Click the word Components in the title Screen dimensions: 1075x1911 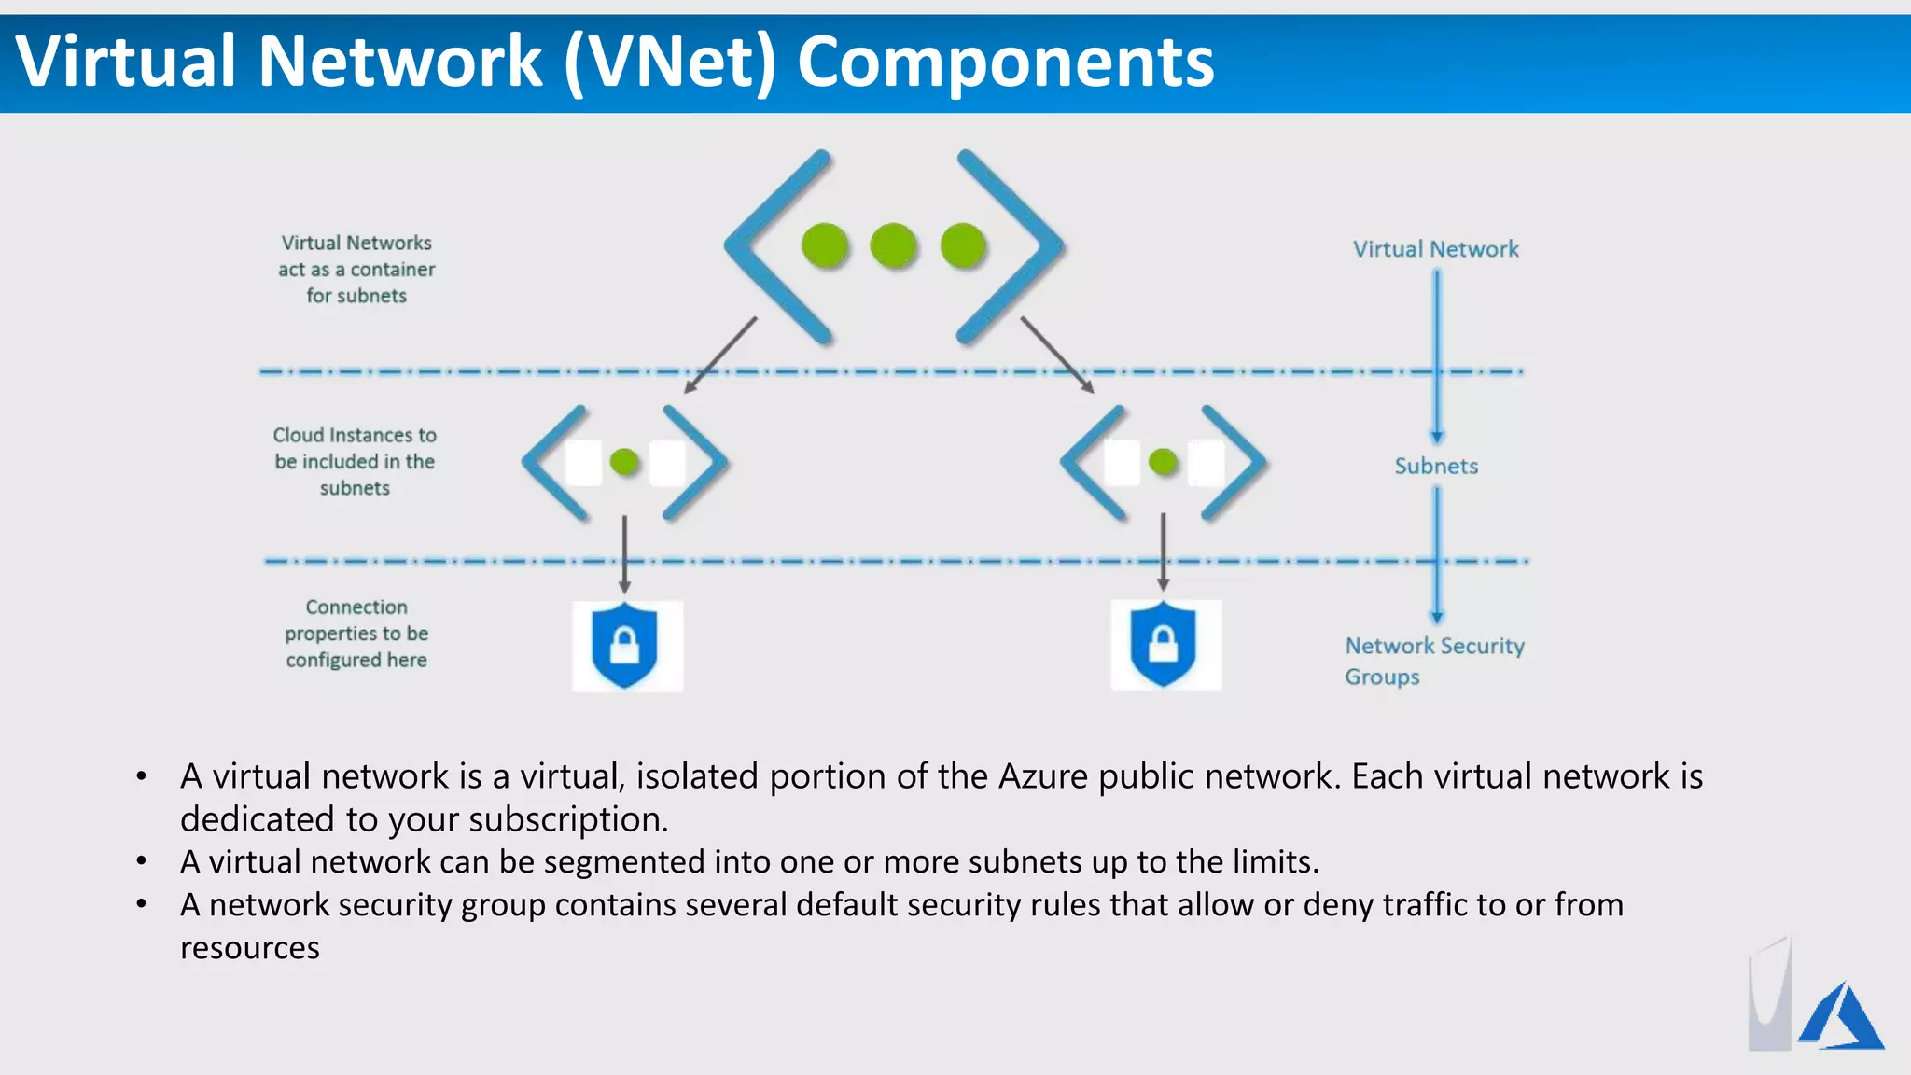tap(1005, 62)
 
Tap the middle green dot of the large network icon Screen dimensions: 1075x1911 tap(894, 246)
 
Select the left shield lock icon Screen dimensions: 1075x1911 tap(625, 646)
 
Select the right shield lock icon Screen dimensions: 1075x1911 tap(1164, 645)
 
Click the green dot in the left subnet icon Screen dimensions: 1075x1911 tap(624, 462)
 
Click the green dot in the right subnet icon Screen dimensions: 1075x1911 tap(1163, 462)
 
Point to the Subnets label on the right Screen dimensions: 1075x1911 tap(1436, 466)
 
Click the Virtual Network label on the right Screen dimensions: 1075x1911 tap(1436, 249)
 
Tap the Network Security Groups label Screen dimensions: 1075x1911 tap(1434, 661)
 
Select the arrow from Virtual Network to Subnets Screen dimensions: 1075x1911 tap(1437, 355)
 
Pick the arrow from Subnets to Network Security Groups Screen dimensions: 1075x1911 tap(1437, 555)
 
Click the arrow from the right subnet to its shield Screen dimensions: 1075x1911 tap(1163, 551)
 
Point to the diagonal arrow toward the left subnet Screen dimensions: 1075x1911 tap(720, 356)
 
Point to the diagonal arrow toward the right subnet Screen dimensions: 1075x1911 tap(1056, 355)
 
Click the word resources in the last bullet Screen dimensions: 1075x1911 tap(250, 948)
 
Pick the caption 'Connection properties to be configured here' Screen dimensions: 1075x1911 tap(356, 634)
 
